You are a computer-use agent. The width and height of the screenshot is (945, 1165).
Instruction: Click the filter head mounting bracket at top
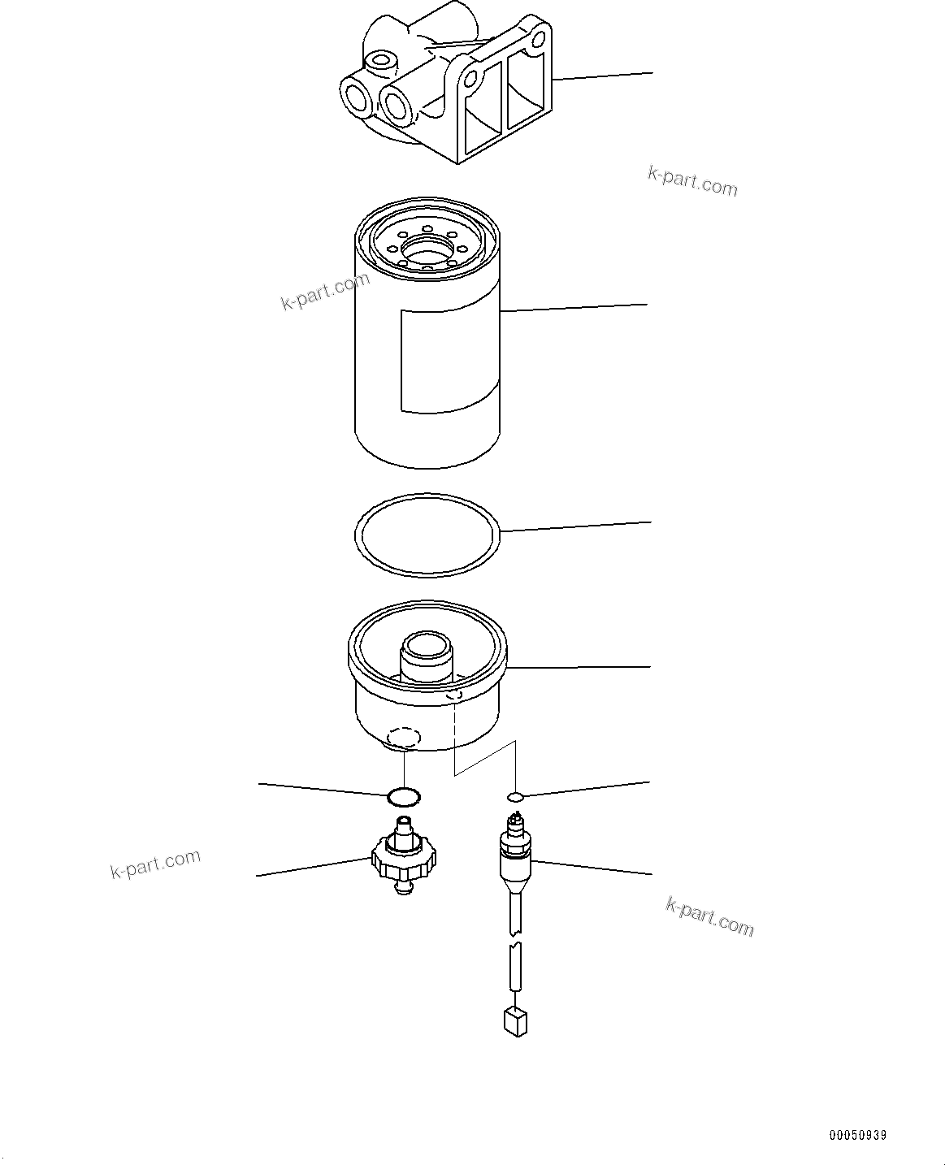click(x=455, y=89)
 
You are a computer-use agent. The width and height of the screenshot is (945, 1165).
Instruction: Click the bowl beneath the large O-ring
click(x=427, y=691)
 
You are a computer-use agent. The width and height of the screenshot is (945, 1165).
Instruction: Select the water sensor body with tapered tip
click(x=515, y=861)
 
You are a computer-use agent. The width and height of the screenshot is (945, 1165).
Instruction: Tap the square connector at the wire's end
click(x=515, y=1021)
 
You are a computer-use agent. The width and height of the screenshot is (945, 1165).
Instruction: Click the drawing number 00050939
click(x=858, y=1135)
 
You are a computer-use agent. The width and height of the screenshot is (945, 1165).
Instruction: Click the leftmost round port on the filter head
click(x=356, y=98)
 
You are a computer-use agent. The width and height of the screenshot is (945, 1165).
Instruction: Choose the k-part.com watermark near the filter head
click(x=692, y=182)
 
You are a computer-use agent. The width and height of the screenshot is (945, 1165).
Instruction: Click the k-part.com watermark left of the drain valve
click(x=155, y=864)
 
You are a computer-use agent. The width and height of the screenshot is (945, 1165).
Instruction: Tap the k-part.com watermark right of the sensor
click(x=709, y=917)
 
